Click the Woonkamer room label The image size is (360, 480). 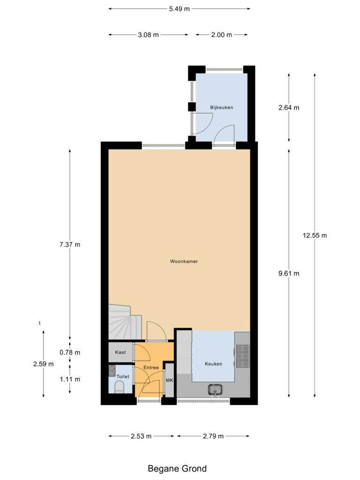tap(184, 262)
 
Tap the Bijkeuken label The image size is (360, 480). tap(221, 107)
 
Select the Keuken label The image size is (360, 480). tap(213, 364)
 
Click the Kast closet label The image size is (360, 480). tap(120, 352)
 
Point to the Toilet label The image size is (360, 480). tap(122, 376)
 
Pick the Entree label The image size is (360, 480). tap(151, 367)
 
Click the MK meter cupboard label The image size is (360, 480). tap(169, 380)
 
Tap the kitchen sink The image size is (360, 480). tap(216, 389)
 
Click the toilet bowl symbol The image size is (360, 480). tap(119, 388)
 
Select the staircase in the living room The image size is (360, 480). tap(124, 322)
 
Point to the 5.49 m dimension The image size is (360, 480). tap(180, 8)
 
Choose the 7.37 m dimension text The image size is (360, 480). tap(70, 244)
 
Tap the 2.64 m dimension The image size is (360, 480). tap(289, 107)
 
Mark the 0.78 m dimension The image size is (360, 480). tap(70, 352)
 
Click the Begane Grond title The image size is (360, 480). tap(177, 468)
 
